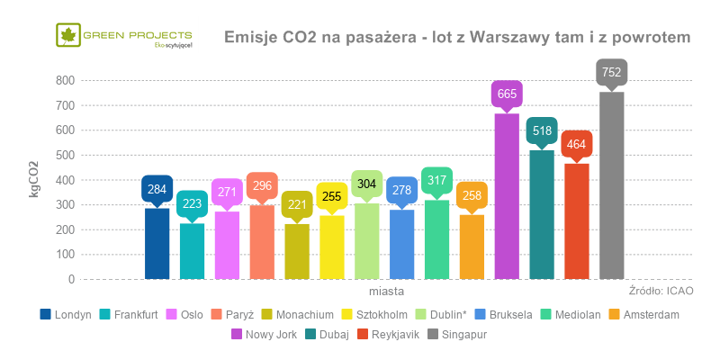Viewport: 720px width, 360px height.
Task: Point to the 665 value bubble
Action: pyautogui.click(x=507, y=94)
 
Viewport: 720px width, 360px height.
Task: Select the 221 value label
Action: pyautogui.click(x=297, y=205)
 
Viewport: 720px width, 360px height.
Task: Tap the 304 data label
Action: pyautogui.click(x=366, y=184)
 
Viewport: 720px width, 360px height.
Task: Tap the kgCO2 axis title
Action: pyautogui.click(x=34, y=177)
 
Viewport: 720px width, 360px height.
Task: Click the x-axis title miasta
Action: pyautogui.click(x=385, y=292)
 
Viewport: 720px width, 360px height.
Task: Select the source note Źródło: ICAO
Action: pyautogui.click(x=661, y=292)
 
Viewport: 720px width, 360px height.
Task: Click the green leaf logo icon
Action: pyautogui.click(x=67, y=37)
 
